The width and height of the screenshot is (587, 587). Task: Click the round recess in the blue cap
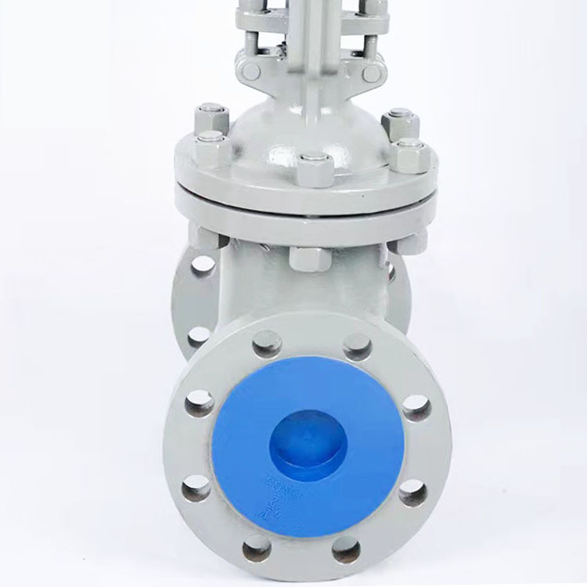tap(308, 444)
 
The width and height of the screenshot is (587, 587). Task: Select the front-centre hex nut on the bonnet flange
tap(315, 170)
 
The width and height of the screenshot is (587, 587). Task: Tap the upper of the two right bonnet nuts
tap(401, 124)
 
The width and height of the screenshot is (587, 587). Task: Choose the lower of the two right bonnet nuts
tap(409, 155)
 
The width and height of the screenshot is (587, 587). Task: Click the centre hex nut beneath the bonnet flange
tap(311, 257)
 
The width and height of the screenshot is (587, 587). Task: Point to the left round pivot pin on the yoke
tap(250, 70)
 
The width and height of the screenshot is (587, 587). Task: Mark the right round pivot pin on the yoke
tap(373, 72)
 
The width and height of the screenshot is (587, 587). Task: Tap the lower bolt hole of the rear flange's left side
tap(199, 336)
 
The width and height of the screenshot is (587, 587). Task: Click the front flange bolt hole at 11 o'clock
tap(267, 344)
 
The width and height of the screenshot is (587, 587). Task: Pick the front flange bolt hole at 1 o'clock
tap(357, 346)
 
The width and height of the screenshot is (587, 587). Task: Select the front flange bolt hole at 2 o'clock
tap(416, 407)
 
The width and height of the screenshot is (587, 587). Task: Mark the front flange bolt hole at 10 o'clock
tap(200, 404)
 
